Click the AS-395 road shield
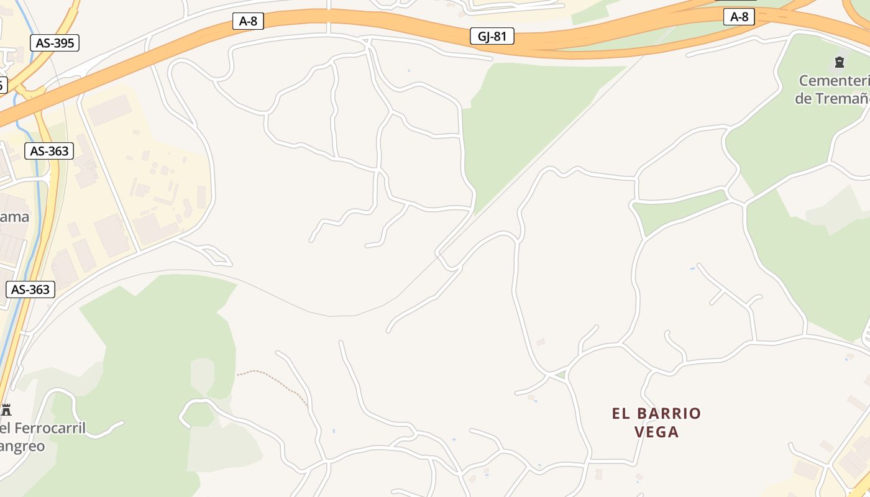coord(55,43)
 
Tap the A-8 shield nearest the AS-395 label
coord(248,21)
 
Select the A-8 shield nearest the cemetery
coord(739,17)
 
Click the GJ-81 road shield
coord(492,37)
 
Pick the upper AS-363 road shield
coord(49,151)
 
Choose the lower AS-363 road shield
coord(30,290)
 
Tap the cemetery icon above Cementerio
coord(840,62)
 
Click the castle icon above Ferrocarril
coord(6,409)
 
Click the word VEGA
coord(657,432)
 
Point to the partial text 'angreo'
coord(22,447)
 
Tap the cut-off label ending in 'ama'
coord(15,217)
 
